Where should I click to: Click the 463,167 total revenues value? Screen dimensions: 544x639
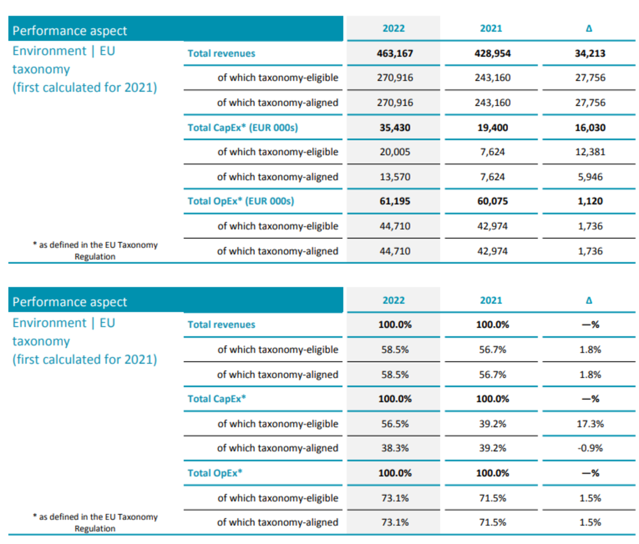click(394, 53)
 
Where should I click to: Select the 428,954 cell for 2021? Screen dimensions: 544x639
click(492, 53)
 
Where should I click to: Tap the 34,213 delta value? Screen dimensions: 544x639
click(590, 53)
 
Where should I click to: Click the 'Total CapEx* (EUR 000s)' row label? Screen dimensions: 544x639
click(243, 127)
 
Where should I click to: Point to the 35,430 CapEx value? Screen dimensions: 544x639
click(394, 127)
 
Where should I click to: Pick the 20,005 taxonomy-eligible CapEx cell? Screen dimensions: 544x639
click(394, 152)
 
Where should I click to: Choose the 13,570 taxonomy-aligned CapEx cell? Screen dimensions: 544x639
click(394, 177)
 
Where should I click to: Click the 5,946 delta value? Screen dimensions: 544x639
click(590, 177)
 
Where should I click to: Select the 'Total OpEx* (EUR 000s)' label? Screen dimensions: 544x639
click(240, 201)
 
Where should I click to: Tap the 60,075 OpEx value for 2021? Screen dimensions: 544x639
click(492, 201)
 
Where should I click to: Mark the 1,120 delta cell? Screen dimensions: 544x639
click(590, 201)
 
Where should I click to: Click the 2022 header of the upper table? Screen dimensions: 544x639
click(393, 28)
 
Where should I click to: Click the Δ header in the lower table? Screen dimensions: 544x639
click(589, 300)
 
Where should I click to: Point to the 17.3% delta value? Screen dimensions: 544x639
click(590, 424)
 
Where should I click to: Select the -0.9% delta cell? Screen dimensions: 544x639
click(590, 448)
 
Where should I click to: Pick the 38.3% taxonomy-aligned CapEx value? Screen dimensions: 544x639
click(394, 448)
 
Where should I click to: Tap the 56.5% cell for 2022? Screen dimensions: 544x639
click(394, 424)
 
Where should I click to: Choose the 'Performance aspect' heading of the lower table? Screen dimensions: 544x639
click(70, 302)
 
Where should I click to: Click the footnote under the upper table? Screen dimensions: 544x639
click(95, 251)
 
